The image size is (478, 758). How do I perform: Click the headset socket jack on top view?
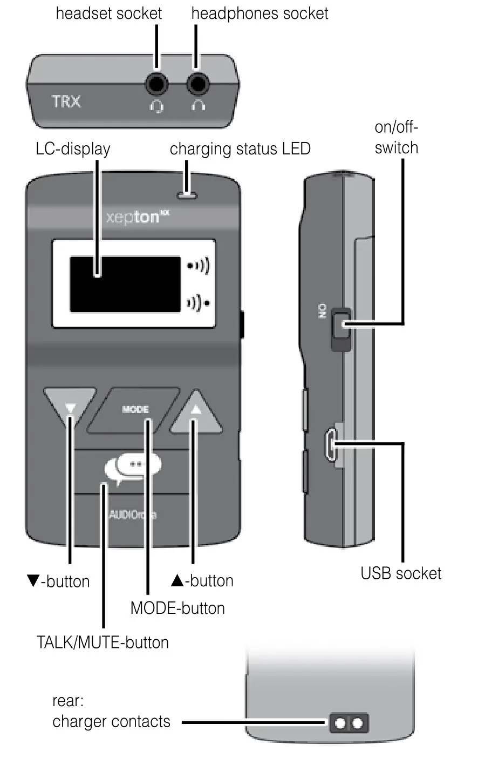pyautogui.click(x=156, y=84)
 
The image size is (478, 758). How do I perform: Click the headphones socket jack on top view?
pyautogui.click(x=198, y=84)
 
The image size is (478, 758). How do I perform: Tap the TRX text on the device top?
pyautogui.click(x=66, y=101)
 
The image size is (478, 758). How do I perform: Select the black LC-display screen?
pyautogui.click(x=125, y=284)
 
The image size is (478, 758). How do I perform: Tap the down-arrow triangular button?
pyautogui.click(x=70, y=407)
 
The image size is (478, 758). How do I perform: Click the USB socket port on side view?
pyautogui.click(x=330, y=444)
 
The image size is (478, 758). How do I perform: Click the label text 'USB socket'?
pyautogui.click(x=401, y=573)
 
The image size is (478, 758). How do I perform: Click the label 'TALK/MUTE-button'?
pyautogui.click(x=103, y=642)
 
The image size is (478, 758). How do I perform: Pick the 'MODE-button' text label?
pyautogui.click(x=177, y=608)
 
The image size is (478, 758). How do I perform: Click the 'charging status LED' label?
pyautogui.click(x=240, y=148)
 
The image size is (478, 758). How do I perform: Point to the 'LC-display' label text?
pyautogui.click(x=73, y=148)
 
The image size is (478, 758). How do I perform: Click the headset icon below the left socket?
pyautogui.click(x=156, y=106)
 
